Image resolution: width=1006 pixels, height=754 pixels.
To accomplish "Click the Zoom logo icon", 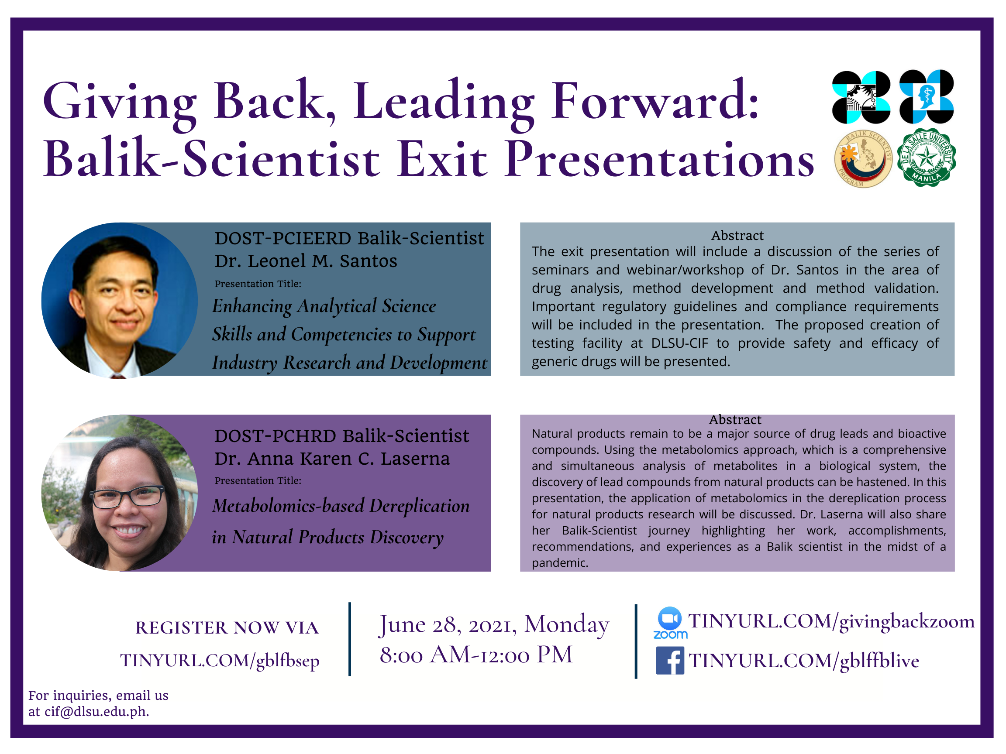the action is point(670,622).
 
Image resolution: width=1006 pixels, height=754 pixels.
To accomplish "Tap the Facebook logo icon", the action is point(670,660).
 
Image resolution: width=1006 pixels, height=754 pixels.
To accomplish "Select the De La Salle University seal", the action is point(926,157).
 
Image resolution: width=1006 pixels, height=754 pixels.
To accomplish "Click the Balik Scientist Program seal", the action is point(863,159).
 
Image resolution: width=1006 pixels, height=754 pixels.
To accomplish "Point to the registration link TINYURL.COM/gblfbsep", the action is point(220,660).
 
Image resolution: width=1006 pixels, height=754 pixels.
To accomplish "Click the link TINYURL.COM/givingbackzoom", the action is point(831,622).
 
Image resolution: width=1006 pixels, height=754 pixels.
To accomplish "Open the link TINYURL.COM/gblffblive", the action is point(803,661).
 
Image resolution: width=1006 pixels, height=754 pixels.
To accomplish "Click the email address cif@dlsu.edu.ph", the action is point(97,712).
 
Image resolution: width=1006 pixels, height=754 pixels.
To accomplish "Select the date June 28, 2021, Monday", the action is point(494,624).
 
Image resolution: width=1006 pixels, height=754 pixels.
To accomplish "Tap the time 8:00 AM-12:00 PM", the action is point(476,655).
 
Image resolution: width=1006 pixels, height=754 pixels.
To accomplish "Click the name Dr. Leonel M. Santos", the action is point(306,261).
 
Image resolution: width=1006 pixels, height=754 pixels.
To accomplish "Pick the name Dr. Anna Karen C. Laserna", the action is point(332,459).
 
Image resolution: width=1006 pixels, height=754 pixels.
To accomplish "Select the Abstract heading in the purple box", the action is point(735,419).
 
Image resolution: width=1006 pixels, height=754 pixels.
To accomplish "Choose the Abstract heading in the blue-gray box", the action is point(737,236).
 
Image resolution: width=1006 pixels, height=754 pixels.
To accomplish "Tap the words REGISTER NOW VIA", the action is point(227,627).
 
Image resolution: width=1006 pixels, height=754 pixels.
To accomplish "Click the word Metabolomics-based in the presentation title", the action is point(288,506).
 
